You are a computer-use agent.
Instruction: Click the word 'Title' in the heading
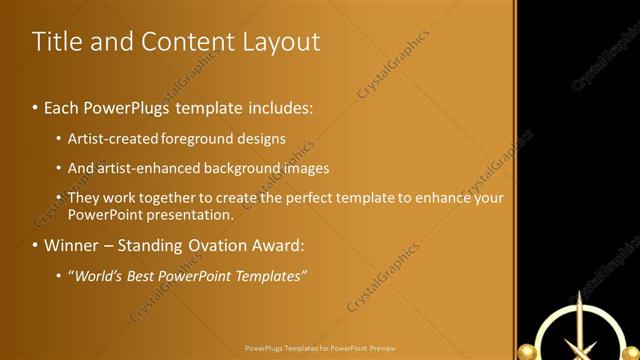click(55, 42)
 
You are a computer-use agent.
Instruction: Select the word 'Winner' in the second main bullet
click(72, 245)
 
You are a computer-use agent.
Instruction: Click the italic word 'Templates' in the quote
click(270, 276)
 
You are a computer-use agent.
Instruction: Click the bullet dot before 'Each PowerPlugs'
click(36, 107)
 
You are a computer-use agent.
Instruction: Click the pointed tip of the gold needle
click(577, 293)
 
